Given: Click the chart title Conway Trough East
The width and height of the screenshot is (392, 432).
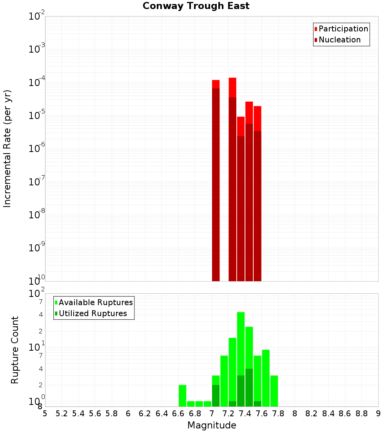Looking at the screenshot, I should point(196,6).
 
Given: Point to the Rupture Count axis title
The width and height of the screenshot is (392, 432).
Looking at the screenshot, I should point(15,350).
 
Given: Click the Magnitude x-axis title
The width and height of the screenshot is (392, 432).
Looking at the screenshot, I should point(212,425).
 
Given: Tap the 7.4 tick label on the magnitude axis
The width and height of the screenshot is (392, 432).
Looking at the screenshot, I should point(245,414).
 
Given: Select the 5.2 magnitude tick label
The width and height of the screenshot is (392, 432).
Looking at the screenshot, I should point(62,414).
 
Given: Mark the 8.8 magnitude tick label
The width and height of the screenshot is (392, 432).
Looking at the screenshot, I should point(361,414).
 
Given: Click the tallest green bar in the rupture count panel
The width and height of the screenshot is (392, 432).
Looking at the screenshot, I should point(241,359).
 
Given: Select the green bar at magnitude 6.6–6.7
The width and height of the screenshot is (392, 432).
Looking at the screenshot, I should point(182,395).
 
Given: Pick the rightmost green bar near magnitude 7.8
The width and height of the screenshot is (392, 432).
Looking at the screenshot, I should point(274,391).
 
